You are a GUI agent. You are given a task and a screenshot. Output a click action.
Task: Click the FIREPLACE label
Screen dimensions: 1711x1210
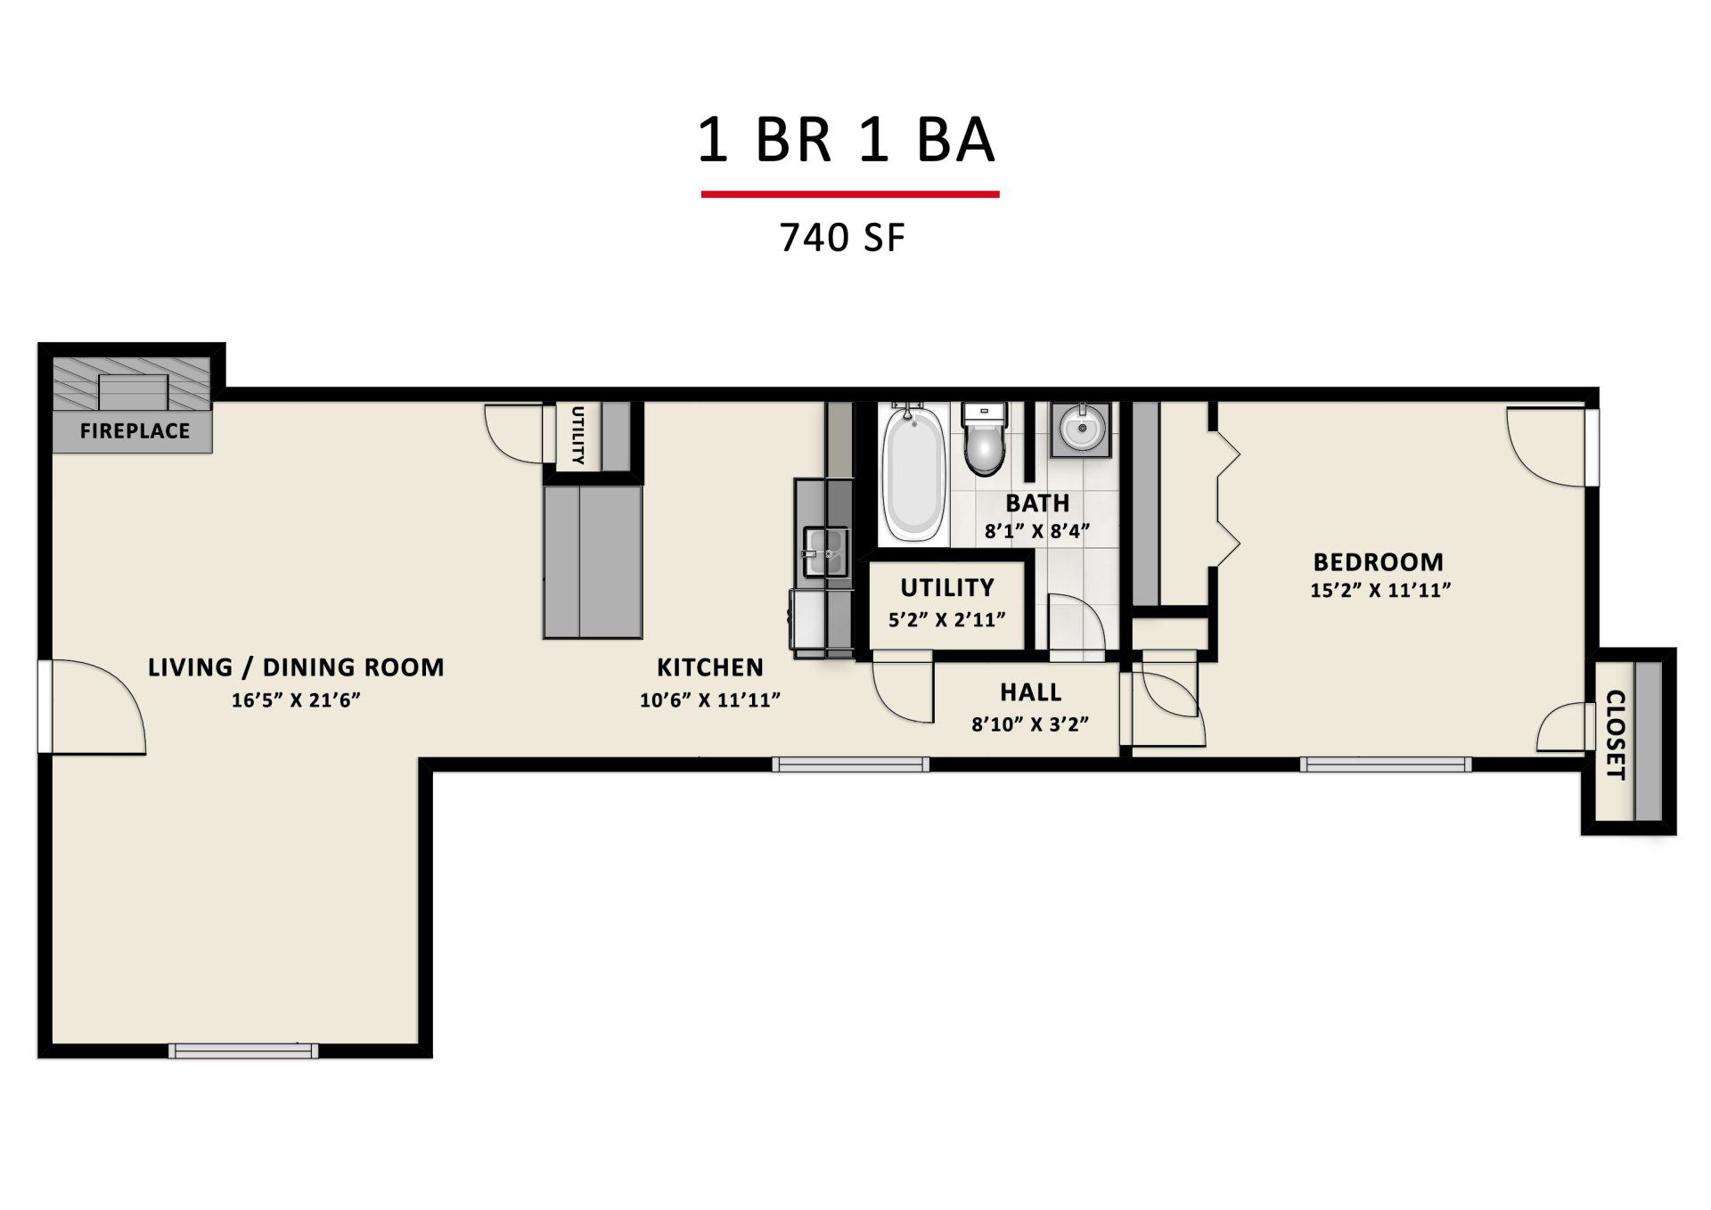(135, 431)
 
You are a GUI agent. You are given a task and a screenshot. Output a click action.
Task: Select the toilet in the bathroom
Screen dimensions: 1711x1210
(984, 438)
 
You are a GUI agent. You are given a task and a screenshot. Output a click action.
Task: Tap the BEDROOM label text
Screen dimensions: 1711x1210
(1378, 562)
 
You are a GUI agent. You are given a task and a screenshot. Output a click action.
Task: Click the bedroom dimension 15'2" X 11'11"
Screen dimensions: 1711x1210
(1380, 590)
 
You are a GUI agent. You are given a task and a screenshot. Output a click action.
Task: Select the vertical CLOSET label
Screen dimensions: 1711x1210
(1615, 734)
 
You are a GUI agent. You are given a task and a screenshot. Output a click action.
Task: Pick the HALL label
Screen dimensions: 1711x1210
(1030, 692)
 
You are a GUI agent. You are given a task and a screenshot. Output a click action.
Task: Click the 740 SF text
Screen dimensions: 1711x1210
(842, 238)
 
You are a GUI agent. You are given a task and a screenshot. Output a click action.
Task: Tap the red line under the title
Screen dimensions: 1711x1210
(849, 193)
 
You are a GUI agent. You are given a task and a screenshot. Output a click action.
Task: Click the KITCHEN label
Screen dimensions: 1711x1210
(710, 667)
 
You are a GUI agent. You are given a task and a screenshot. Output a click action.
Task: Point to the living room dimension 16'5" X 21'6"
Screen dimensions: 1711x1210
(296, 700)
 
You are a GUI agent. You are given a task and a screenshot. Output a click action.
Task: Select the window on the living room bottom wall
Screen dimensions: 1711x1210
(243, 1051)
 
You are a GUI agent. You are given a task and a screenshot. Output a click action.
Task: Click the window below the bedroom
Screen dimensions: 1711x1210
(1385, 764)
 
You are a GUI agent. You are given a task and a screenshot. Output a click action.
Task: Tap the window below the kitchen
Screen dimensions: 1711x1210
(850, 764)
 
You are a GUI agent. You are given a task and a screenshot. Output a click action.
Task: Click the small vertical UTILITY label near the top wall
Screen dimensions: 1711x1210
(577, 436)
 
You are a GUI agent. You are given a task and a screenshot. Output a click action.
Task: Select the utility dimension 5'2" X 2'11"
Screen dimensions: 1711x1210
(946, 620)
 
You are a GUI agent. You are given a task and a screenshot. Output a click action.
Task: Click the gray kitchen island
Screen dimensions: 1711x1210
(593, 562)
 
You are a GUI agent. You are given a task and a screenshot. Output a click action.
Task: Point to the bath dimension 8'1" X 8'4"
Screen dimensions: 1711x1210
(1037, 532)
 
